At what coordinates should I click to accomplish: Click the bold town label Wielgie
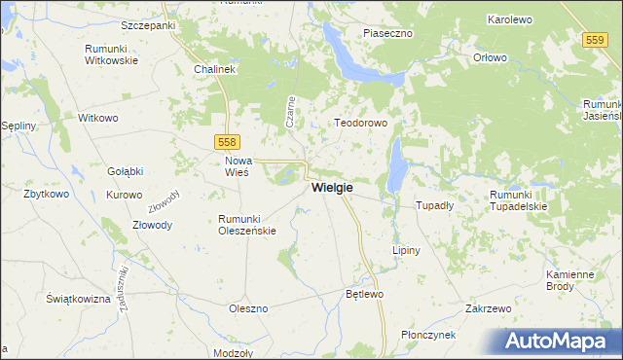[332, 187]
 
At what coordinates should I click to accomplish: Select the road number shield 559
[596, 40]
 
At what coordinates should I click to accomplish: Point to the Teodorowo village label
[361, 124]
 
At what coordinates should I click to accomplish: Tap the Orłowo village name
[491, 57]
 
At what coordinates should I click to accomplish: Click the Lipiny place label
[406, 250]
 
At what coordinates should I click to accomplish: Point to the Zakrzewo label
[489, 308]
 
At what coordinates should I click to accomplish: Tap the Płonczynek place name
[429, 335]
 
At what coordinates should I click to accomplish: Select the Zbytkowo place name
[46, 194]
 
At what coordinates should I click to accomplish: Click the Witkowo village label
[98, 118]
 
